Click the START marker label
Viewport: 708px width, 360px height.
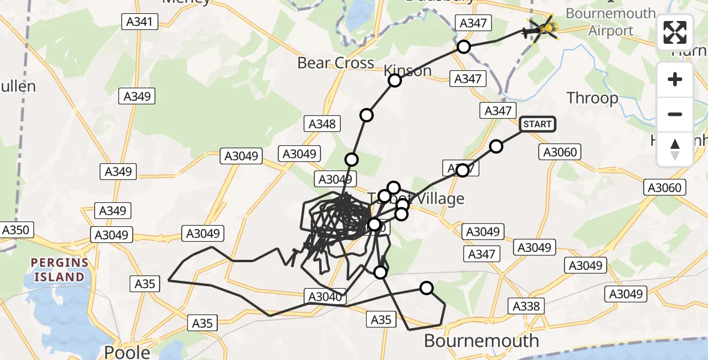pyautogui.click(x=537, y=124)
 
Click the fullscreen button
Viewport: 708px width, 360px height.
pyautogui.click(x=675, y=32)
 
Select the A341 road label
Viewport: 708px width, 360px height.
pyautogui.click(x=140, y=23)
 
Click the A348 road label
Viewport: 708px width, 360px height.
pyautogui.click(x=322, y=124)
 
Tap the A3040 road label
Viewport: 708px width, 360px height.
pyautogui.click(x=325, y=296)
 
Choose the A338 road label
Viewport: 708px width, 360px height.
pyautogui.click(x=526, y=306)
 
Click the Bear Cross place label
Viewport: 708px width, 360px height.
pyautogui.click(x=335, y=63)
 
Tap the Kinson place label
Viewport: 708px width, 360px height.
pyautogui.click(x=409, y=70)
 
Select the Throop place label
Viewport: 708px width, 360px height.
pyautogui.click(x=592, y=98)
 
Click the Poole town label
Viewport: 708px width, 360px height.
pyautogui.click(x=127, y=352)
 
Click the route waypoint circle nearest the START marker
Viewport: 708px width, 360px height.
pyautogui.click(x=496, y=146)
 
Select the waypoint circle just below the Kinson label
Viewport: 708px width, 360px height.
pyautogui.click(x=395, y=80)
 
